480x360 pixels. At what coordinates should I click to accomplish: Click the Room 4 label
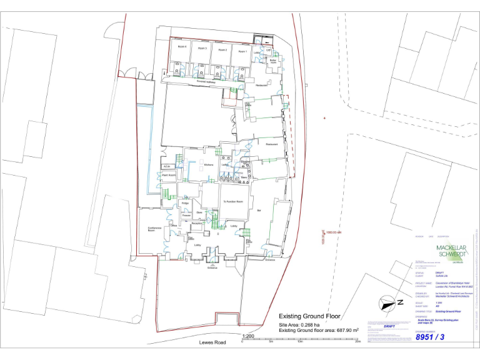click(x=182, y=47)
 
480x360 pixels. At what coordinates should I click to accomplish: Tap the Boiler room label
click(x=273, y=61)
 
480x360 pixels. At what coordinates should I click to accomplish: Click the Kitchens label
click(x=209, y=164)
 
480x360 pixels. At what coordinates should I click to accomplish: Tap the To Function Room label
click(x=231, y=202)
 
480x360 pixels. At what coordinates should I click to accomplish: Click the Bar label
click(x=259, y=211)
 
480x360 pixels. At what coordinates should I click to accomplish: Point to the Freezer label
click(x=186, y=216)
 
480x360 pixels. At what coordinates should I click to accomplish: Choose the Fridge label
click(x=185, y=203)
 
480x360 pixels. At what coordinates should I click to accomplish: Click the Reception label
click(x=197, y=222)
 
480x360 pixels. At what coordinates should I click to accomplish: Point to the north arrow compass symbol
click(x=389, y=303)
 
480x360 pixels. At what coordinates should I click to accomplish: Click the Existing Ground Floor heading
click(x=312, y=316)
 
